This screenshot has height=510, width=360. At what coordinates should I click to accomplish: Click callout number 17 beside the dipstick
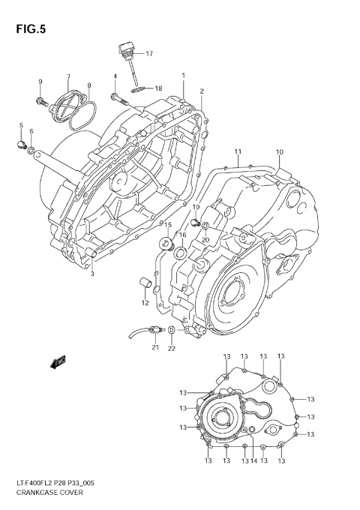tap(148, 54)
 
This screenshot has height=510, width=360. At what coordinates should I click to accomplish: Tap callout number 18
tap(158, 88)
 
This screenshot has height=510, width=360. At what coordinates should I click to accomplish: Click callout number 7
tap(67, 77)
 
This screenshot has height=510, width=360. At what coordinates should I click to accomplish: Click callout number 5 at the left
tap(21, 125)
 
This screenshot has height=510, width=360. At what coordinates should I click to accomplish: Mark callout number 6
tap(31, 132)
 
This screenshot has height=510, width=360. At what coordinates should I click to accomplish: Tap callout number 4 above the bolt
tap(115, 76)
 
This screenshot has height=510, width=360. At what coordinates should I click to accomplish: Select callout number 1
tap(183, 76)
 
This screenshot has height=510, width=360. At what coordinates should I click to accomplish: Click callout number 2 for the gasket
tap(202, 91)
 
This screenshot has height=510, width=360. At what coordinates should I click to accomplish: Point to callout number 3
tap(92, 274)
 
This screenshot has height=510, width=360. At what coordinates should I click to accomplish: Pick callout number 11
tap(237, 152)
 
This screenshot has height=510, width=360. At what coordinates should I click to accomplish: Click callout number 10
tap(279, 152)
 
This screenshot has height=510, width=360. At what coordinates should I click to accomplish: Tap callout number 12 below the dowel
tap(145, 303)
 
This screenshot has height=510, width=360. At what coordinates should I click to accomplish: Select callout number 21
tap(155, 347)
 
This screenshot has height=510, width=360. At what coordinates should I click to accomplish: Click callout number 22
tap(172, 347)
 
